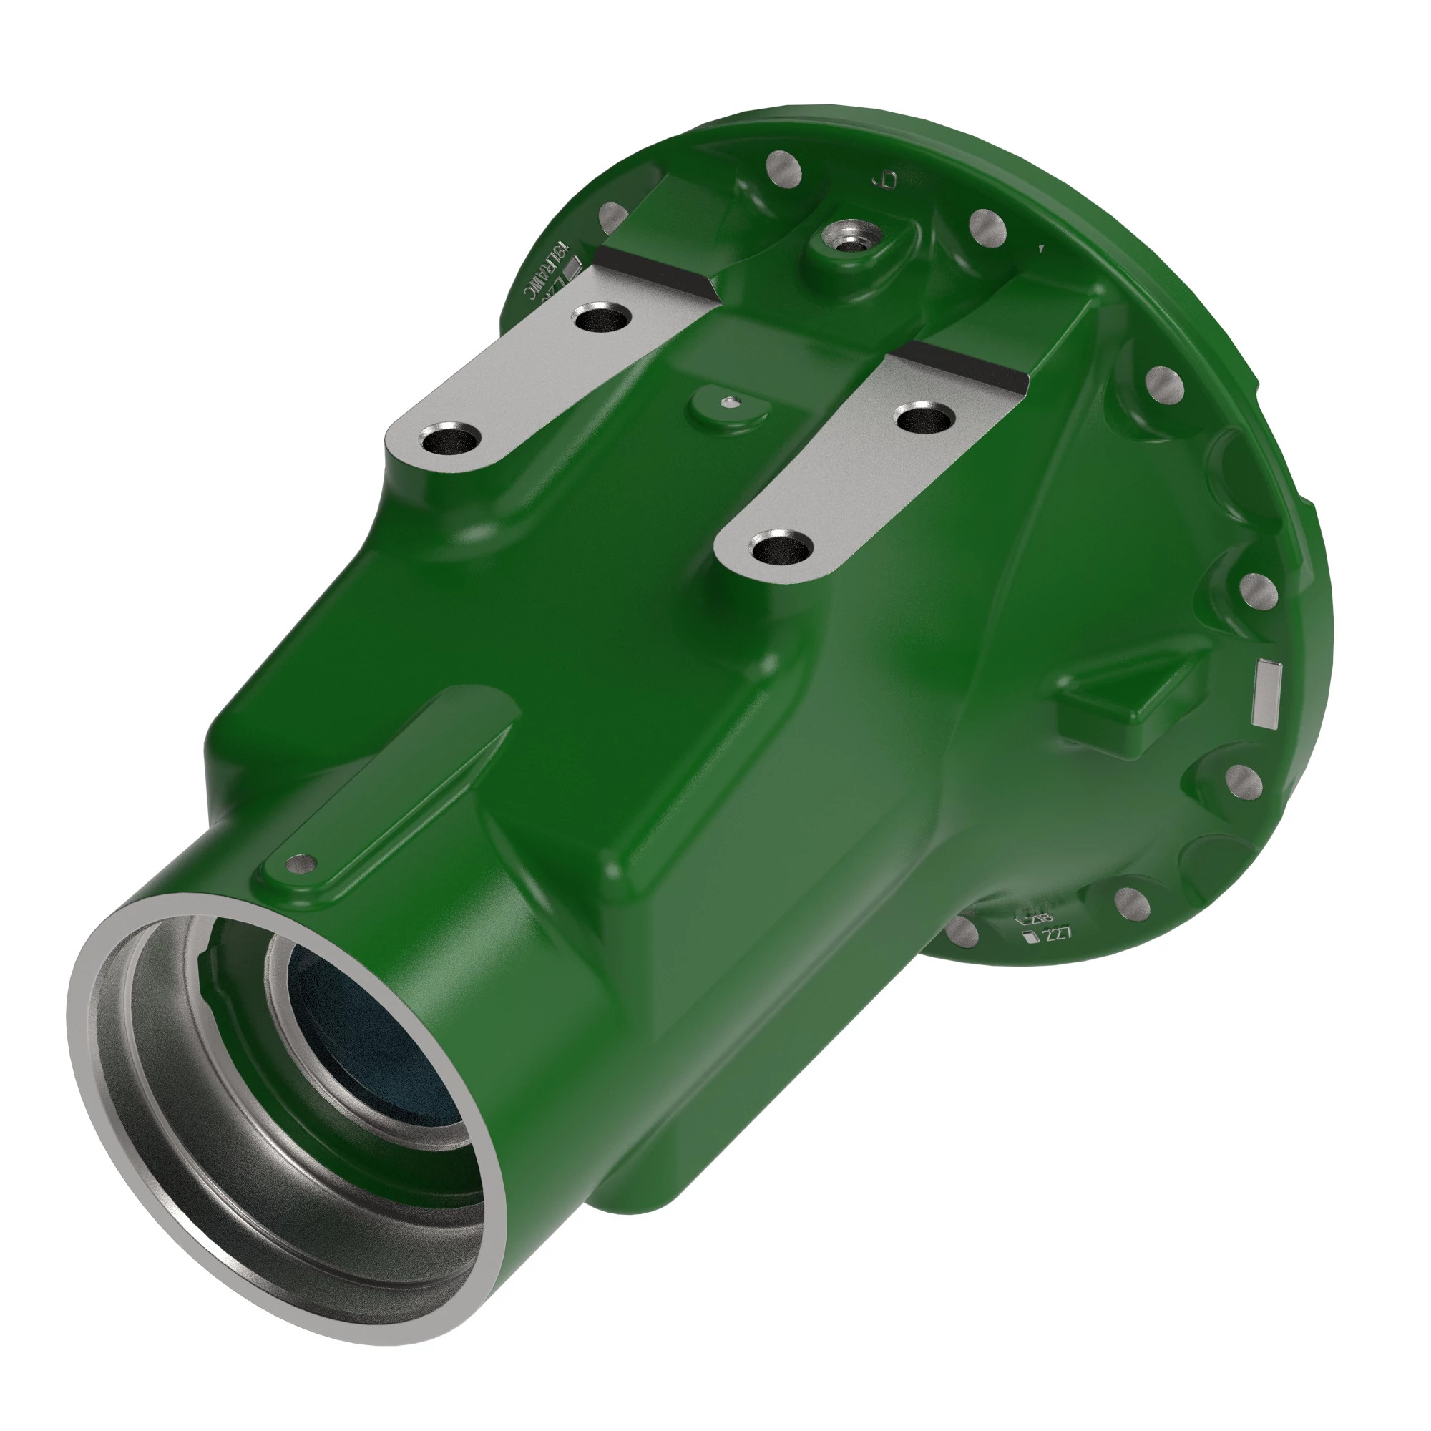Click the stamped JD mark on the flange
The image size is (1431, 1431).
pyautogui.click(x=886, y=180)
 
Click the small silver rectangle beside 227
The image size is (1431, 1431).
pyautogui.click(x=1028, y=939)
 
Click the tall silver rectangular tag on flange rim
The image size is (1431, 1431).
pyautogui.click(x=1268, y=693)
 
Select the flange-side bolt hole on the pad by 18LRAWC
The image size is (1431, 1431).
pyautogui.click(x=602, y=319)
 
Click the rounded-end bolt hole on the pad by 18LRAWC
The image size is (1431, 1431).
pyautogui.click(x=449, y=442)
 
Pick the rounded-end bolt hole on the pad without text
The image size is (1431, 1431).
pyautogui.click(x=781, y=550)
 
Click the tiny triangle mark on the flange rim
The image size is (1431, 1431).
pyautogui.click(x=1041, y=249)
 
